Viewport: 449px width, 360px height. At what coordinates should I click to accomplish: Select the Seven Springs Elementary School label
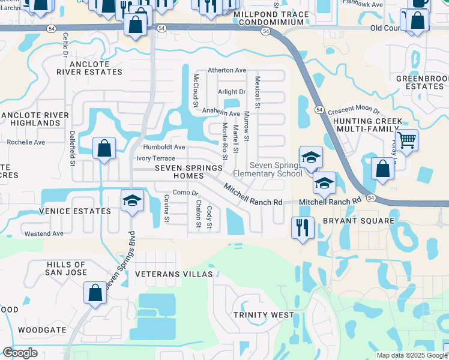(x=276, y=170)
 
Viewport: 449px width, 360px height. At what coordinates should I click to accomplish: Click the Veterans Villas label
(x=174, y=274)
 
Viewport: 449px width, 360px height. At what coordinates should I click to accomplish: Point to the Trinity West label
(x=264, y=314)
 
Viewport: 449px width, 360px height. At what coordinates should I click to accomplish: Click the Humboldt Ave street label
(x=164, y=147)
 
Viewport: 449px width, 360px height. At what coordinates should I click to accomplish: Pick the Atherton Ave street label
(x=227, y=70)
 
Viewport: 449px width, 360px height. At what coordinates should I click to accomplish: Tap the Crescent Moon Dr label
(x=354, y=111)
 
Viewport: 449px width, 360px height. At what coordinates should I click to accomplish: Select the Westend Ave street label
(x=43, y=233)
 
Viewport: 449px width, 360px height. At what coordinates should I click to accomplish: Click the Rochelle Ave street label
(x=26, y=142)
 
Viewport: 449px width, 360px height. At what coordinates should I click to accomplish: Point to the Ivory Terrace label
(x=155, y=158)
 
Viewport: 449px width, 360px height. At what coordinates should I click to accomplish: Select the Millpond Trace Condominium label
(x=271, y=18)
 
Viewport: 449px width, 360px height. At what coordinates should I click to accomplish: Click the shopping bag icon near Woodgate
(x=95, y=293)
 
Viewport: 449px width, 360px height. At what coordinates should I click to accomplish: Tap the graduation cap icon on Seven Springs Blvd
(x=132, y=201)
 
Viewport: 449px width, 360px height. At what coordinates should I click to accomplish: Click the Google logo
(x=20, y=353)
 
